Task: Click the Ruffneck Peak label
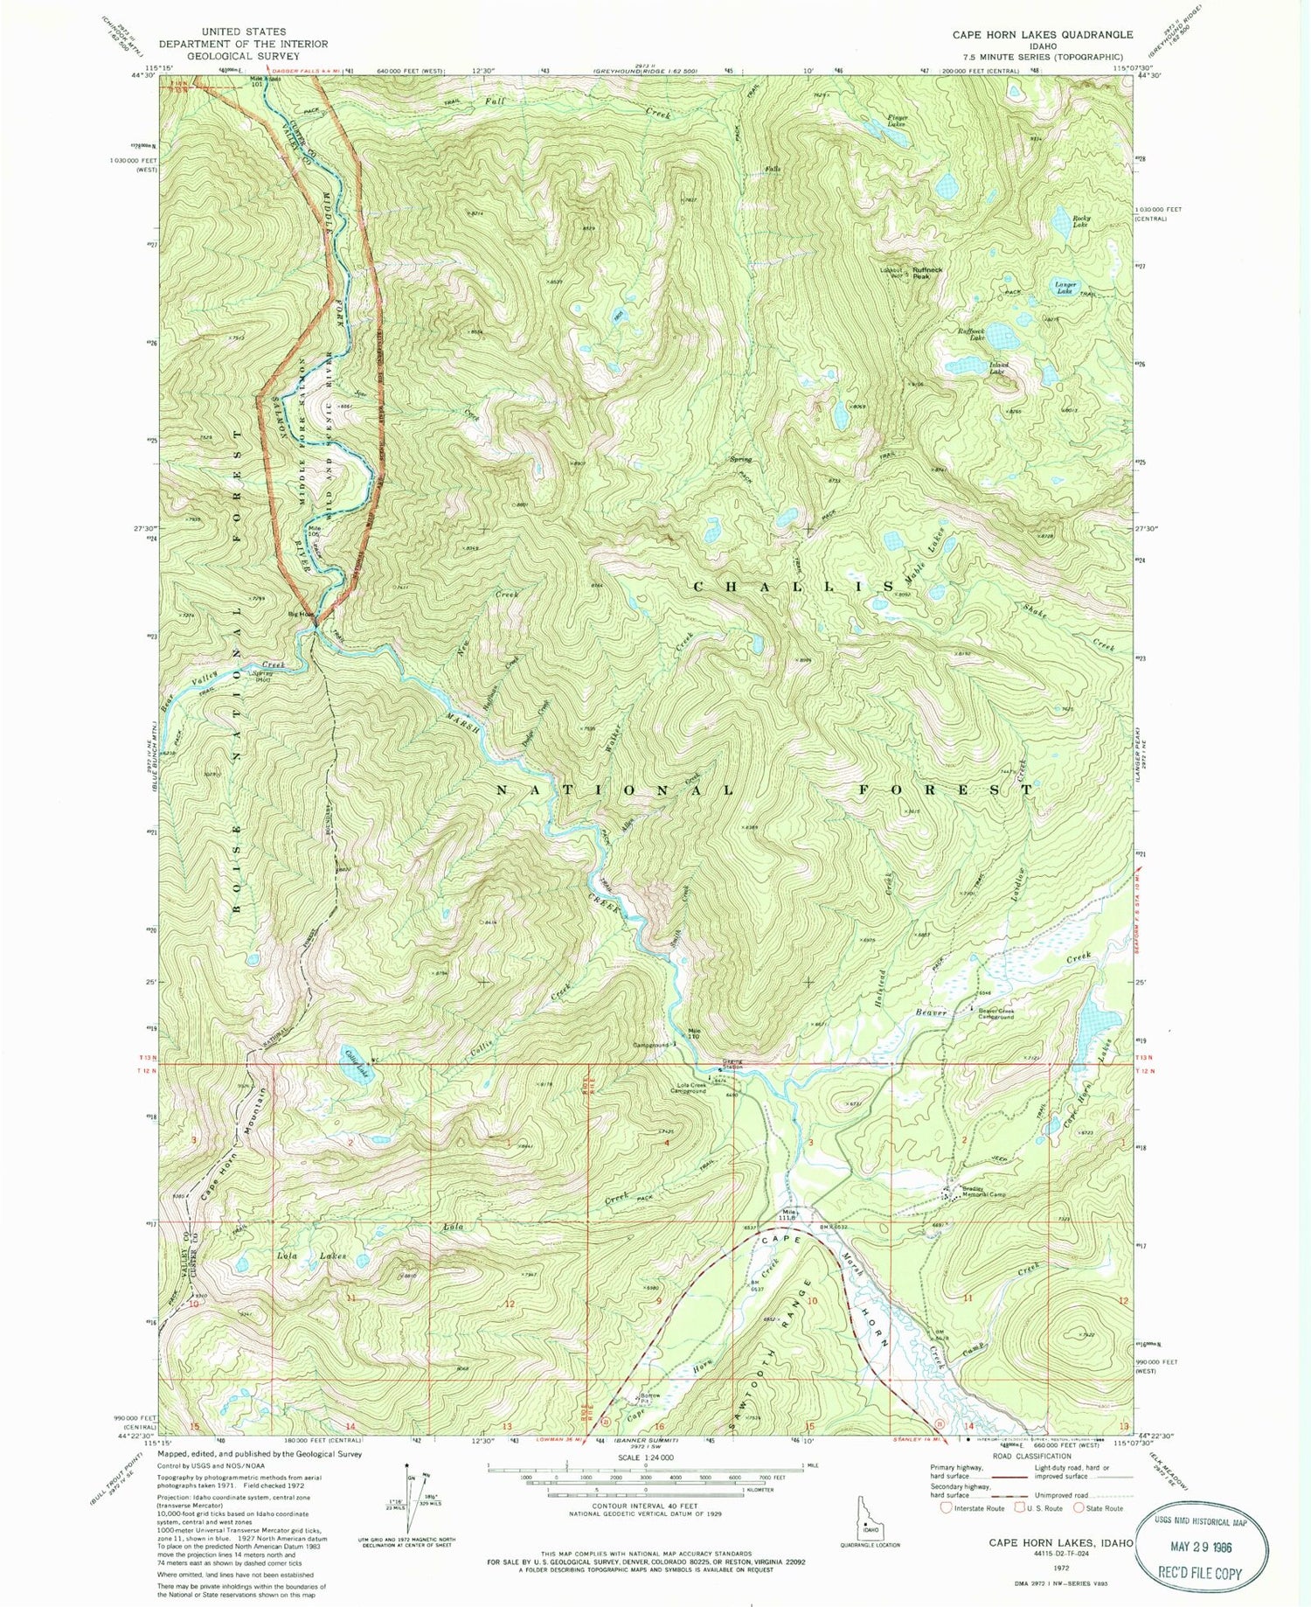927,272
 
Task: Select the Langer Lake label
1065,287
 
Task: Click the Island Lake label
998,368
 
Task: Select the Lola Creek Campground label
692,1089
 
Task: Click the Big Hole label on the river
301,614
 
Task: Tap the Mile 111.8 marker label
788,1214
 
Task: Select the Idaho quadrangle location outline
870,1527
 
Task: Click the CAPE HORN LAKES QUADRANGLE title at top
1042,35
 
